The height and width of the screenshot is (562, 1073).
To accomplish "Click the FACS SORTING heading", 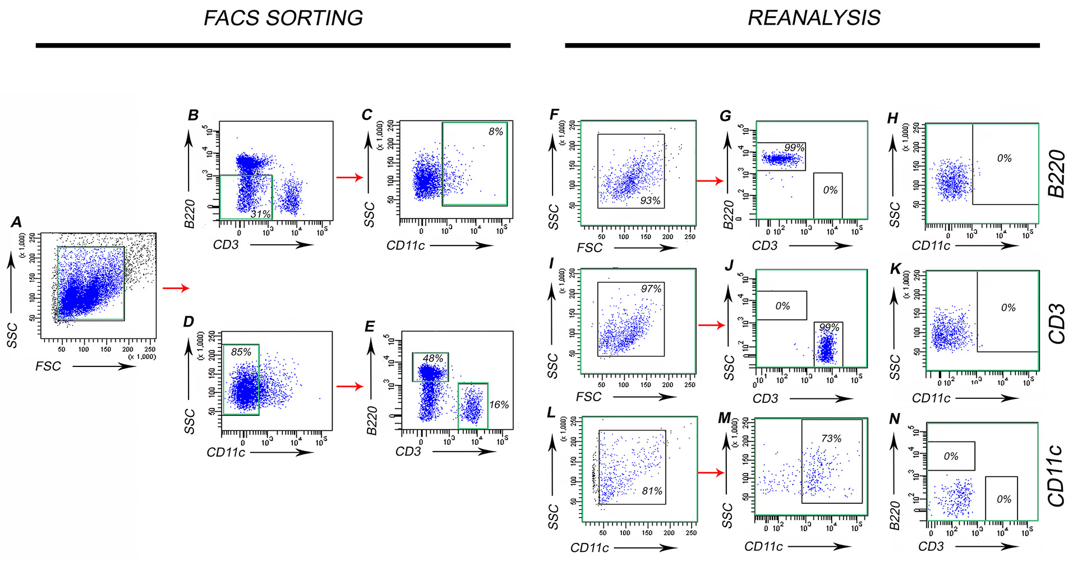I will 283,18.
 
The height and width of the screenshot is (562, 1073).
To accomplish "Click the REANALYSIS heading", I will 814,18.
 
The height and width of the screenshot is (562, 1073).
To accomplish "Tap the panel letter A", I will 16,222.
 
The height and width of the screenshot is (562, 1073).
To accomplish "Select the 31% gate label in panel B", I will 260,214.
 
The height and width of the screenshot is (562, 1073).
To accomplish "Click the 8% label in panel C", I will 495,132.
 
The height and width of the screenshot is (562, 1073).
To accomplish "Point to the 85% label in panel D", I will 241,352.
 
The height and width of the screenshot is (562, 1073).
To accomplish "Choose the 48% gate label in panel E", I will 432,359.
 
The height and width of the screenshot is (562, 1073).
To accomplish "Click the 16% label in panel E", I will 499,405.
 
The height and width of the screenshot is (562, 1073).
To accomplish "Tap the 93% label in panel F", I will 650,201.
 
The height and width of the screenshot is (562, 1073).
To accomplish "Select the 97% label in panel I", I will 651,289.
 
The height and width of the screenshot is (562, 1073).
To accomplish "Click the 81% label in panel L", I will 652,491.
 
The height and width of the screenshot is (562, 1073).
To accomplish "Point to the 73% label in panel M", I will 831,439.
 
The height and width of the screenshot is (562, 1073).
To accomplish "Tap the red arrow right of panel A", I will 176,289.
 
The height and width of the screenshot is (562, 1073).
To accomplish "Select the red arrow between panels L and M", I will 711,473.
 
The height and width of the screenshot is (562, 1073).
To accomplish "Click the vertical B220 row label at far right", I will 1057,174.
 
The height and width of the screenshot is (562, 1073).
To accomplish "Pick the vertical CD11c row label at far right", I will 1057,475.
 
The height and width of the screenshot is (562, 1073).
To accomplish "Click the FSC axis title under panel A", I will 48,366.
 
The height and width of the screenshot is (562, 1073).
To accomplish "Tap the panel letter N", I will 894,419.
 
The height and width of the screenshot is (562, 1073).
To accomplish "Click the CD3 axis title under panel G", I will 765,246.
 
